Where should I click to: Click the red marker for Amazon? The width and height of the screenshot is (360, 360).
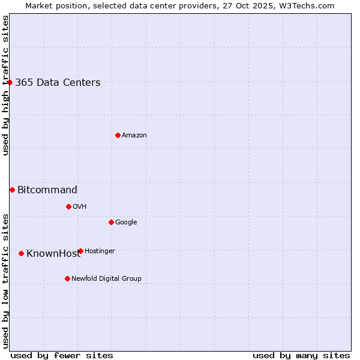pos(118,135)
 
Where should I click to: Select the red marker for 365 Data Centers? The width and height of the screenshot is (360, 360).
pos(10,82)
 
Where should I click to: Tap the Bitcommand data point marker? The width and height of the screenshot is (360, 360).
pos(12,190)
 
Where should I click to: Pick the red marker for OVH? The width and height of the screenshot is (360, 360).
pos(68,206)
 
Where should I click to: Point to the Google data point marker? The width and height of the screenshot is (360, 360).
pos(111,222)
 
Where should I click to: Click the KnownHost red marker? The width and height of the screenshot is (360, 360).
pos(21,253)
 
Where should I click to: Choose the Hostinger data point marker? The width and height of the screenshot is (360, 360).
pos(80,251)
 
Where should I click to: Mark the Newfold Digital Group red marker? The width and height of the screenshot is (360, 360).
pos(67,278)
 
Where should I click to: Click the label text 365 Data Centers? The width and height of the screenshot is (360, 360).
pos(58,83)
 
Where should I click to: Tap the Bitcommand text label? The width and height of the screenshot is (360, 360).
pos(47,190)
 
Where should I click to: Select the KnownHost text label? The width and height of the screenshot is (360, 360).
pos(53,254)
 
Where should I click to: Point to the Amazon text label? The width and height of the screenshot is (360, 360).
pos(134,136)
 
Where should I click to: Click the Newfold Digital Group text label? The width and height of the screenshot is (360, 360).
pos(106,278)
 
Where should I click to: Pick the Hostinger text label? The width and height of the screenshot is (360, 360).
pos(100,251)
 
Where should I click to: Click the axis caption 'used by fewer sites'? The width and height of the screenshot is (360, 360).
pos(62,355)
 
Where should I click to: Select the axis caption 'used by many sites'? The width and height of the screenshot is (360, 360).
pos(301,355)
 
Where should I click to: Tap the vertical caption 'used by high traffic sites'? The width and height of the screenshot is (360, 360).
pos(5,85)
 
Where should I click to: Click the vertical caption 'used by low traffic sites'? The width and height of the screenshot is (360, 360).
pos(5,280)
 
